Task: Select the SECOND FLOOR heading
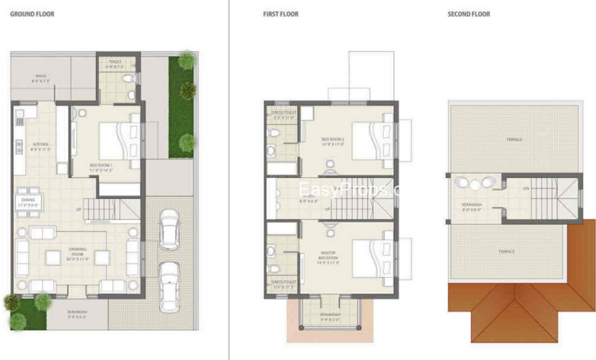tap(469, 14)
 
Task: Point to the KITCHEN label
tap(40, 145)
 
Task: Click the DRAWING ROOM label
tap(78, 254)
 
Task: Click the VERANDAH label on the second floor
tap(470, 205)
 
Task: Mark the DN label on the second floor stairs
tap(526, 189)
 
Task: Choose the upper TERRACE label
tap(514, 139)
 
